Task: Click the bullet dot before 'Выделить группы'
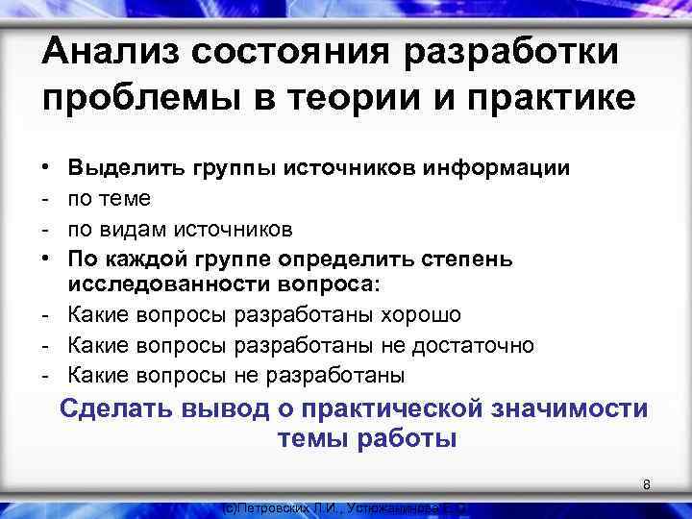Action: click(x=47, y=169)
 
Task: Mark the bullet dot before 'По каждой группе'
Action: click(x=47, y=259)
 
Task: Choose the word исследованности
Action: click(x=157, y=285)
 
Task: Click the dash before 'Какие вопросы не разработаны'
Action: click(x=47, y=374)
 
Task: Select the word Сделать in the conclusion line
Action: click(x=114, y=409)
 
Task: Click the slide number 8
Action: click(x=647, y=485)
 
